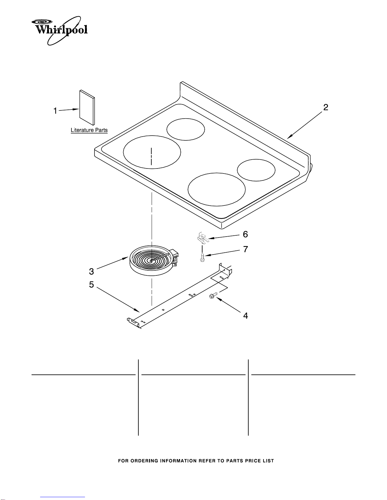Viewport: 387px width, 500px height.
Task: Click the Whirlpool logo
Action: [x=59, y=31]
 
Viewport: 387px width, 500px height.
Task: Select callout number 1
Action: [x=55, y=111]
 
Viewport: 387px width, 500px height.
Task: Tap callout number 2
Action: [x=325, y=107]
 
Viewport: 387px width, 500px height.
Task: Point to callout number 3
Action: [x=91, y=272]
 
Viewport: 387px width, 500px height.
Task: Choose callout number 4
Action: [x=246, y=316]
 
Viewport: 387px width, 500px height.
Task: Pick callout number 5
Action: [x=91, y=285]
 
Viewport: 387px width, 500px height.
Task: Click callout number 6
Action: [x=245, y=234]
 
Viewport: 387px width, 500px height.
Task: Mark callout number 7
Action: [x=245, y=249]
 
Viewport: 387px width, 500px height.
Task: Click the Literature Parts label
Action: [x=89, y=130]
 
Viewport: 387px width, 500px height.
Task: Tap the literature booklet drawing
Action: [x=87, y=108]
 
